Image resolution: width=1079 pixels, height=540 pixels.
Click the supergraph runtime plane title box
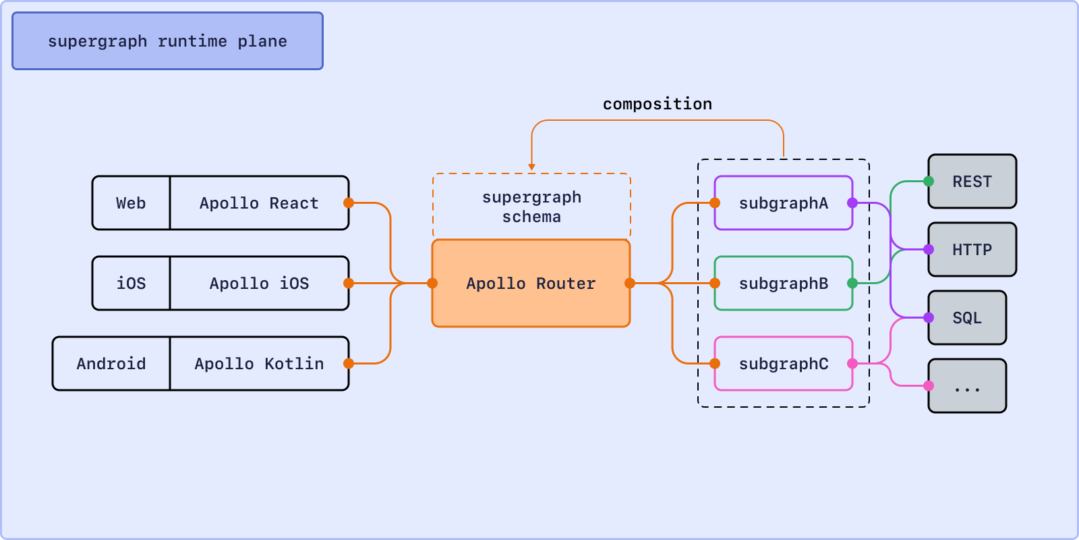pyautogui.click(x=168, y=41)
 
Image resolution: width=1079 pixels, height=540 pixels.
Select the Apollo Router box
pyautogui.click(x=531, y=283)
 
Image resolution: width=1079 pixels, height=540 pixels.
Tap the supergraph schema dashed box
pyautogui.click(x=531, y=207)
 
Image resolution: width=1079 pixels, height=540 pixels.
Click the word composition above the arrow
pyautogui.click(x=657, y=104)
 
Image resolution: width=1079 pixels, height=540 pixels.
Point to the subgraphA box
pyautogui.click(x=784, y=203)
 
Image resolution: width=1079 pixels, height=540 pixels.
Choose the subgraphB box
pyautogui.click(x=784, y=283)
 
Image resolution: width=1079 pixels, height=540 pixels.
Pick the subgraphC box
pyautogui.click(x=784, y=364)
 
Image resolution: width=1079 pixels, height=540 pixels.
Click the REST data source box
pyautogui.click(x=972, y=182)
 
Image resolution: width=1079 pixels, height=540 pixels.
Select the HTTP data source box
pyautogui.click(x=972, y=249)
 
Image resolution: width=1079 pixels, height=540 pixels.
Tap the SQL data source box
pyautogui.click(x=967, y=318)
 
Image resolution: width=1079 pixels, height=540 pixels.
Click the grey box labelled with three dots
pyautogui.click(x=967, y=385)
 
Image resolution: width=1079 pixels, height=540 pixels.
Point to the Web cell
pyautogui.click(x=131, y=203)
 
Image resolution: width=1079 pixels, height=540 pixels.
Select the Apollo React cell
pyautogui.click(x=259, y=203)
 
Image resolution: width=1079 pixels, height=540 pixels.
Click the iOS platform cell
pyautogui.click(x=131, y=283)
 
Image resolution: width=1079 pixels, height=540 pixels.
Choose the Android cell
pyautogui.click(x=111, y=364)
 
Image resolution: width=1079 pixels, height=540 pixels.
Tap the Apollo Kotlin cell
pyautogui.click(x=259, y=364)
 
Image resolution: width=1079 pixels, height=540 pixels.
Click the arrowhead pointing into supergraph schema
pyautogui.click(x=531, y=167)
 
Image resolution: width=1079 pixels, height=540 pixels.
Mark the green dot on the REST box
pyautogui.click(x=929, y=182)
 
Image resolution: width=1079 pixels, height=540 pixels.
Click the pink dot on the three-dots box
pyautogui.click(x=929, y=385)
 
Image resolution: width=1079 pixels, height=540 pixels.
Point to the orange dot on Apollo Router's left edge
pyautogui.click(x=432, y=283)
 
